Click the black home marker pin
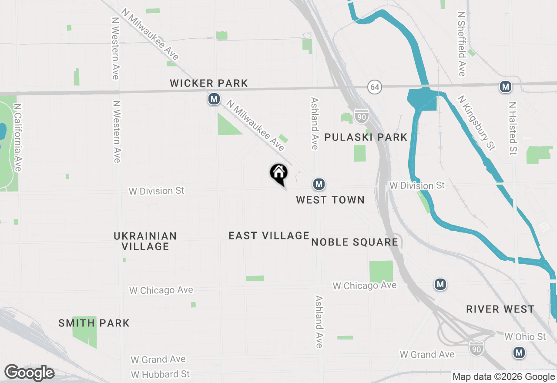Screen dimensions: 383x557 [x=278, y=174]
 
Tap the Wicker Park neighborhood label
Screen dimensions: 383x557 [x=209, y=83]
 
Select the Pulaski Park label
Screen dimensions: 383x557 [x=366, y=138]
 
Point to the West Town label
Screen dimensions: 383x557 [x=330, y=200]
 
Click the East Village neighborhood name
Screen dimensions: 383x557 [x=269, y=235]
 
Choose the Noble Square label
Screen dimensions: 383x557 [x=355, y=242]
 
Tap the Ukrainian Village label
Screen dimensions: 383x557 [x=145, y=241]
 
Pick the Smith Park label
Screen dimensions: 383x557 [x=94, y=323]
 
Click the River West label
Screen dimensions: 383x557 [x=500, y=309]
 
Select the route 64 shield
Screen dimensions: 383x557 [x=374, y=87]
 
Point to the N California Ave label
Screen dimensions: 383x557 [x=17, y=137]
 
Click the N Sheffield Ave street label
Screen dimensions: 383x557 [x=462, y=44]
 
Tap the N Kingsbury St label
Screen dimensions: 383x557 [x=476, y=123]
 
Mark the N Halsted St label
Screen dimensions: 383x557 [x=513, y=128]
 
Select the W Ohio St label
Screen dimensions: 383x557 [x=525, y=337]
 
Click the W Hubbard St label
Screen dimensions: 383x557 [x=160, y=374]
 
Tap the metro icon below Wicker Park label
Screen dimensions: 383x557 [x=214, y=99]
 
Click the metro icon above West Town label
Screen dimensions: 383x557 [x=319, y=184]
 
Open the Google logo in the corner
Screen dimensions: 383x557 [x=29, y=373]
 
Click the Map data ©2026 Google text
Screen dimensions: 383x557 [x=503, y=377]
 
